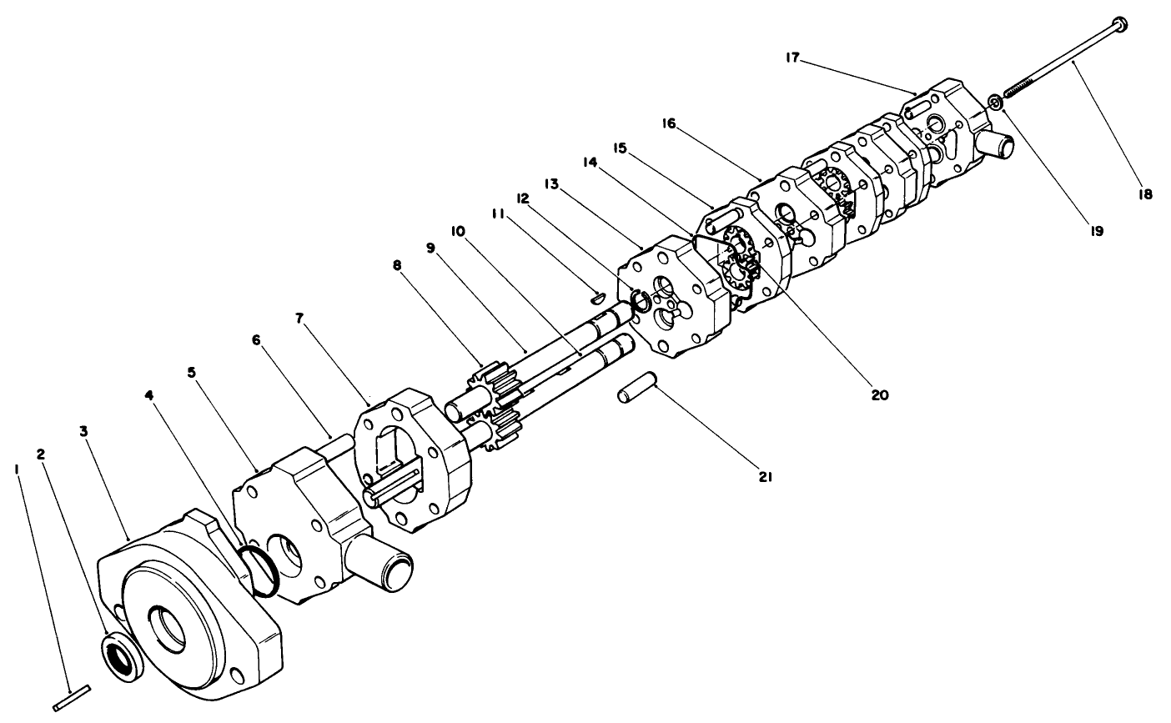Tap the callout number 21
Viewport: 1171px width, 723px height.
[x=766, y=477]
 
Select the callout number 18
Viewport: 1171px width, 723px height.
[x=1143, y=194]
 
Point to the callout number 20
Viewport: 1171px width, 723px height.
[x=879, y=394]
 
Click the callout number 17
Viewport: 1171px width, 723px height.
[x=792, y=58]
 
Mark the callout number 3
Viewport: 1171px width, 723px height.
[x=83, y=431]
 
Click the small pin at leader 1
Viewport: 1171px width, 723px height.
[x=71, y=698]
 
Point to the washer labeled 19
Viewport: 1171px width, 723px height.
[x=994, y=103]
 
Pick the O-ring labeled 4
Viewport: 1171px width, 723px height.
[x=262, y=570]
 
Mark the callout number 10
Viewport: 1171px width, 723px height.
[x=458, y=229]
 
